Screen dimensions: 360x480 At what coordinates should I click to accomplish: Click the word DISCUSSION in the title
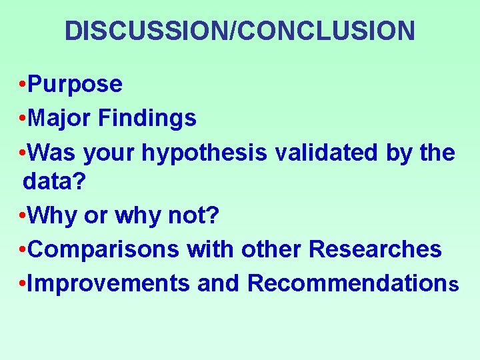pyautogui.click(x=146, y=31)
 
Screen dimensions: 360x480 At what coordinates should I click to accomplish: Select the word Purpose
pyautogui.click(x=76, y=85)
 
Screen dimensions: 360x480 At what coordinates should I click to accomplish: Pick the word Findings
pyautogui.click(x=147, y=119)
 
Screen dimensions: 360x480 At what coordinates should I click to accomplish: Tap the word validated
pyautogui.click(x=323, y=153)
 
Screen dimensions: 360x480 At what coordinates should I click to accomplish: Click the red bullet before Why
pyautogui.click(x=23, y=216)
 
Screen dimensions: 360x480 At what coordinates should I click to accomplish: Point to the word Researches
pyautogui.click(x=375, y=249)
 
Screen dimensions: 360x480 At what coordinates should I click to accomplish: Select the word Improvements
pyautogui.click(x=110, y=283)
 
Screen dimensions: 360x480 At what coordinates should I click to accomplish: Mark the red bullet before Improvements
pyautogui.click(x=23, y=284)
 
